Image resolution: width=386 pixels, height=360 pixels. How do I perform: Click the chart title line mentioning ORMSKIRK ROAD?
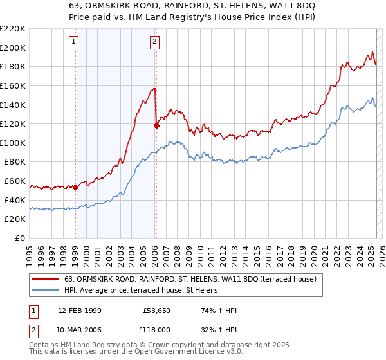(x=192, y=6)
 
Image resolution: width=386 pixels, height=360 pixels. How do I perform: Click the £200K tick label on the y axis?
(x=14, y=48)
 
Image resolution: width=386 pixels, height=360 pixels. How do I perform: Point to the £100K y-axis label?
(x=14, y=143)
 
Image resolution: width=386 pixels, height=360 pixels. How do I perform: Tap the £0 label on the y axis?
(x=20, y=238)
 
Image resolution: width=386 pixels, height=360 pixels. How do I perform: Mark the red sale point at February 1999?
(x=75, y=187)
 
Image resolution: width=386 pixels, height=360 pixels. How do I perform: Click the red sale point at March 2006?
(x=156, y=126)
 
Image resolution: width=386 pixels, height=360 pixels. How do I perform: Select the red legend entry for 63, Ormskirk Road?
(x=190, y=280)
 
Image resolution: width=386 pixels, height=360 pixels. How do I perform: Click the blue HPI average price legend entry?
(x=141, y=291)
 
